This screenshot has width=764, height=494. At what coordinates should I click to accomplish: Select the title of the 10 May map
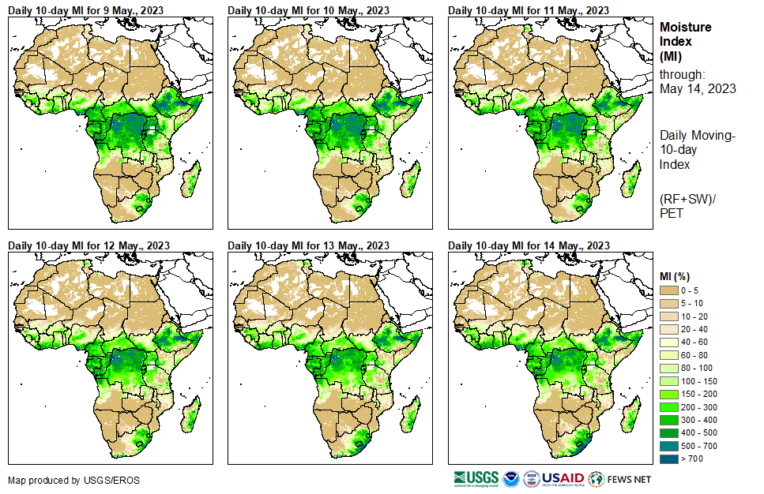[x=310, y=10]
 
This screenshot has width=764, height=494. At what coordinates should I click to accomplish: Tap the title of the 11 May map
[x=529, y=10]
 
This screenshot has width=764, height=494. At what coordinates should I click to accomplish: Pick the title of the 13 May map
[x=310, y=245]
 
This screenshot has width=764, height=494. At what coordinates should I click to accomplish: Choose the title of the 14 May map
[x=529, y=245]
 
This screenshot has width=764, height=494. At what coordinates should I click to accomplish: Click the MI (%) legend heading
[x=679, y=275]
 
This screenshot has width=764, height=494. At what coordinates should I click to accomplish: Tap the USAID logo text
[x=563, y=478]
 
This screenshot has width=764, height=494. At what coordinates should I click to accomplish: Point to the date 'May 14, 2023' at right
[x=698, y=89]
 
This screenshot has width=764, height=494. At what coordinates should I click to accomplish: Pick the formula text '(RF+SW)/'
[x=684, y=198]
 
